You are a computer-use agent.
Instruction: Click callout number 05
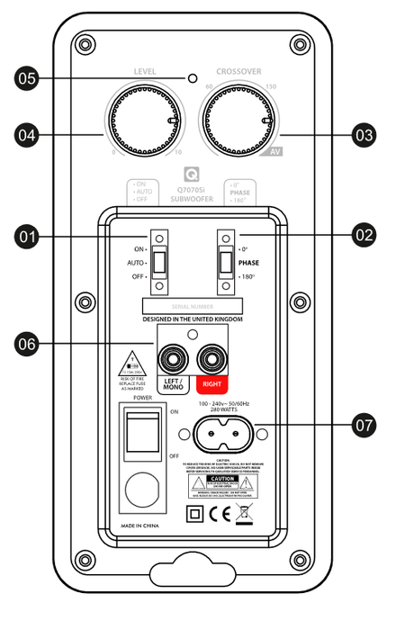27,79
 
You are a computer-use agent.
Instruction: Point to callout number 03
364,136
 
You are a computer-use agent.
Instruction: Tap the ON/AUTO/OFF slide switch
159,262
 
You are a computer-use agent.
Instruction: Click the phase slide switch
224,262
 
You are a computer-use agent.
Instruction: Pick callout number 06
27,343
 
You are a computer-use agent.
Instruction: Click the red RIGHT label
213,391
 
